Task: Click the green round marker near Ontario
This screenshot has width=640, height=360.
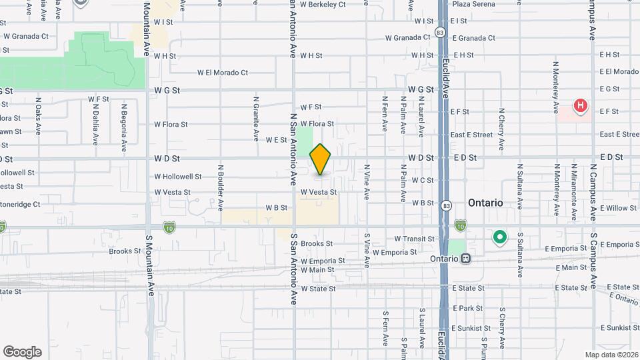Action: click(499, 237)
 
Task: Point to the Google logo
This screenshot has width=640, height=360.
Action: click(22, 352)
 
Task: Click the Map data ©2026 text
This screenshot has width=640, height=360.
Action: click(611, 355)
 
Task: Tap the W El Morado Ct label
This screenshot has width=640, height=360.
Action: click(223, 73)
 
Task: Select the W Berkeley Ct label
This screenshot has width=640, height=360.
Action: click(323, 4)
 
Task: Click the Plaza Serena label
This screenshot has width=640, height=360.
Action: click(473, 4)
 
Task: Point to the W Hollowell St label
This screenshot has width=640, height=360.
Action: click(178, 177)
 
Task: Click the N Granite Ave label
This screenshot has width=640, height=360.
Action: click(256, 119)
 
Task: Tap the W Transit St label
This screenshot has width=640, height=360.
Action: click(414, 239)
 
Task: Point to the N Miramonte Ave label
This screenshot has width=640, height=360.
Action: click(573, 197)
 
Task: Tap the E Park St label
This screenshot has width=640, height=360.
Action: click(467, 308)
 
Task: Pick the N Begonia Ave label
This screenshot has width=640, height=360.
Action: click(124, 127)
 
